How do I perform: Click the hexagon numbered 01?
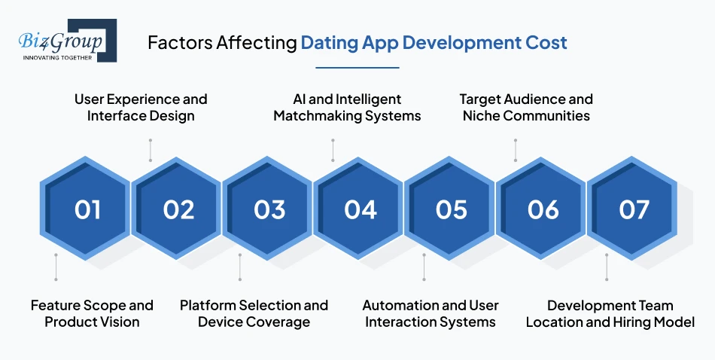[x=87, y=209]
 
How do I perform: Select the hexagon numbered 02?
[x=178, y=209]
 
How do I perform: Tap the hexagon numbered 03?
[x=269, y=209]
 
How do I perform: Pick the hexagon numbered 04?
[x=361, y=209]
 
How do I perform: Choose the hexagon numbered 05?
[x=452, y=209]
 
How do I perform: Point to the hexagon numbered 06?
[x=543, y=209]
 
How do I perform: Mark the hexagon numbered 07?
[x=634, y=209]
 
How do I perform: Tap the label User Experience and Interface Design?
[x=141, y=108]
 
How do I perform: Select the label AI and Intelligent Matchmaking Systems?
[x=347, y=108]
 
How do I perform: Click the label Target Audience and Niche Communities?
[x=526, y=108]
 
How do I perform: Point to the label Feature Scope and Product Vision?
[x=92, y=313]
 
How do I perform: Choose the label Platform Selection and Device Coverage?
[x=254, y=313]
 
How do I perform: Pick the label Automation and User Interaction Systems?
[x=431, y=313]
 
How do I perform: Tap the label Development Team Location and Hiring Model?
[x=610, y=313]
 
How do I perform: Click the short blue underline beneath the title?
[x=357, y=67]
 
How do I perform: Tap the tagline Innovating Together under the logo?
[x=57, y=57]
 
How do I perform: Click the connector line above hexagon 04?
[x=332, y=150]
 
